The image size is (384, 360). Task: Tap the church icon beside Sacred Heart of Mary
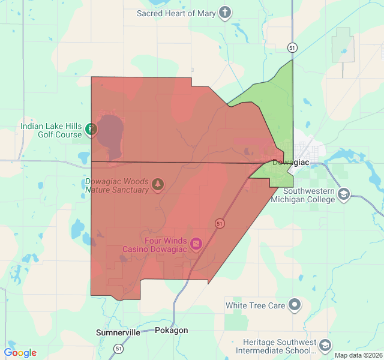coord(224,13)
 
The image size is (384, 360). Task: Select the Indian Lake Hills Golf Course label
coord(50,130)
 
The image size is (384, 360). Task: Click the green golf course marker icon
coord(91,129)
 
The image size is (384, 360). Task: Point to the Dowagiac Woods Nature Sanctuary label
coord(116,185)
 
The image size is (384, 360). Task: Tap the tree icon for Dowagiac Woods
coord(158,184)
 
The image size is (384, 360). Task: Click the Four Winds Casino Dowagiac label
coord(155,244)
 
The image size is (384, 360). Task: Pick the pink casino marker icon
coord(197,244)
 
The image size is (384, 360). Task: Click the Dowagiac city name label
coord(290,163)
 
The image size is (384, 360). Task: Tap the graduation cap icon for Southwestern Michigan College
coord(344,194)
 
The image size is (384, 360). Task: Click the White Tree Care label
coord(255,305)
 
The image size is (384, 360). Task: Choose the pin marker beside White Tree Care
coord(295,305)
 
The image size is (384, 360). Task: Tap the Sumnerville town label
coord(118,332)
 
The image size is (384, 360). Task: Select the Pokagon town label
coord(171,331)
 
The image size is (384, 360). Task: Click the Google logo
coord(20,353)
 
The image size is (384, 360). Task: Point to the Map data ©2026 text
coord(358,355)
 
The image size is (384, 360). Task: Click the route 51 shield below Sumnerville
coord(119,349)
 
